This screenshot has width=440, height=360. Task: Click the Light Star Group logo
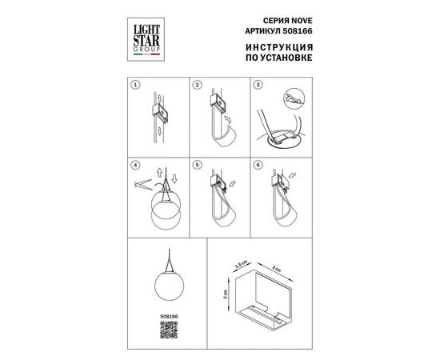[x=146, y=39]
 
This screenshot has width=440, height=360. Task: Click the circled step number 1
[x=135, y=85]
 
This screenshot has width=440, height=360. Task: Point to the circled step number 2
[x=198, y=85]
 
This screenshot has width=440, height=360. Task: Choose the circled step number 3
[x=258, y=85]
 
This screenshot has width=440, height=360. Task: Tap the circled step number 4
[x=135, y=165]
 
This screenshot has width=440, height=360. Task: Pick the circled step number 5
[x=198, y=165]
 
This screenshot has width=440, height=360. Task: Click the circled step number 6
[x=258, y=165]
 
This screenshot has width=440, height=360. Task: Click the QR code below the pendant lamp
[x=169, y=330]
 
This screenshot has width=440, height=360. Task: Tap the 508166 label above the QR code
[x=169, y=316]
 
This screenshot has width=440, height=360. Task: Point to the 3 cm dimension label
[x=277, y=269]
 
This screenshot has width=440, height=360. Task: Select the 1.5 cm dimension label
[x=241, y=264]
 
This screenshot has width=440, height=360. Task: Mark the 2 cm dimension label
[x=226, y=294]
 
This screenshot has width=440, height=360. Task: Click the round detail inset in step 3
[x=294, y=99]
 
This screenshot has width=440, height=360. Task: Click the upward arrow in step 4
[x=159, y=172]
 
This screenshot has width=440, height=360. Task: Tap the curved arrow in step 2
[x=229, y=119]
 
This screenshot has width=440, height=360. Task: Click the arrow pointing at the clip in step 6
[x=292, y=176]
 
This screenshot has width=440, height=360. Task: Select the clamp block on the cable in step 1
[x=160, y=113]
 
